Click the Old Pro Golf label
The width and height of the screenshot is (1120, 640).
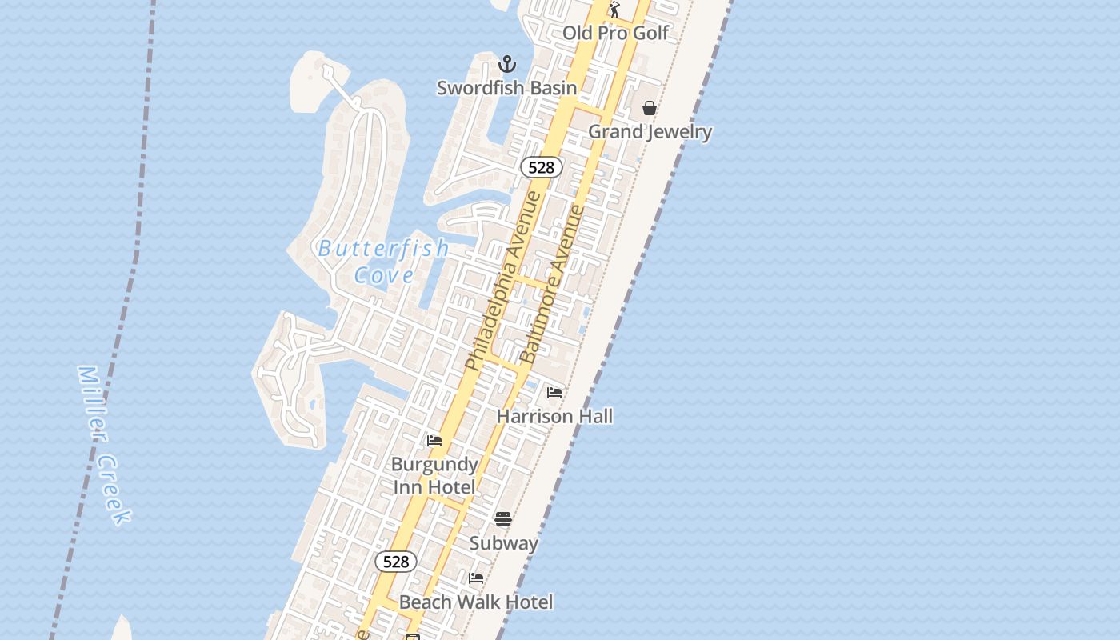tap(615, 33)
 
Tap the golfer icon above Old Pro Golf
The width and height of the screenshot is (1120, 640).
tap(614, 10)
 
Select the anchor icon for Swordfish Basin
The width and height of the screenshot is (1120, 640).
tap(506, 64)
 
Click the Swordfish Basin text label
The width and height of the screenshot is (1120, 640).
tap(506, 88)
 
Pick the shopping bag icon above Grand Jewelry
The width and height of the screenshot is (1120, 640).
tap(650, 108)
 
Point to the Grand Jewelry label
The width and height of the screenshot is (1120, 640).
tap(650, 131)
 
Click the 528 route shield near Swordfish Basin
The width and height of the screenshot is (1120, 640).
tap(542, 167)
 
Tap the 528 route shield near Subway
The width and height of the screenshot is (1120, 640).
tap(396, 562)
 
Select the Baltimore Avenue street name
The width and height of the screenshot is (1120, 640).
tap(553, 284)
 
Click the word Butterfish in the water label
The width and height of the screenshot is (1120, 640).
tap(384, 249)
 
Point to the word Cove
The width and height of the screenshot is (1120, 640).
tap(384, 276)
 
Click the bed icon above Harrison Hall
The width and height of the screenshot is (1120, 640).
tap(554, 393)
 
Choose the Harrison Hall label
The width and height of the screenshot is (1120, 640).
tap(554, 416)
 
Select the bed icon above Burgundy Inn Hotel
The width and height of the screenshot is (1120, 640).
tap(434, 441)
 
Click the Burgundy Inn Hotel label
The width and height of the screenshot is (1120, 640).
tap(434, 475)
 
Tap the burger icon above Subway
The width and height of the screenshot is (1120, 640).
tap(503, 519)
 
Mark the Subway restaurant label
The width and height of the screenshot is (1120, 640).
tap(503, 543)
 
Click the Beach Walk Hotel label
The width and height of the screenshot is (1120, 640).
tap(476, 602)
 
